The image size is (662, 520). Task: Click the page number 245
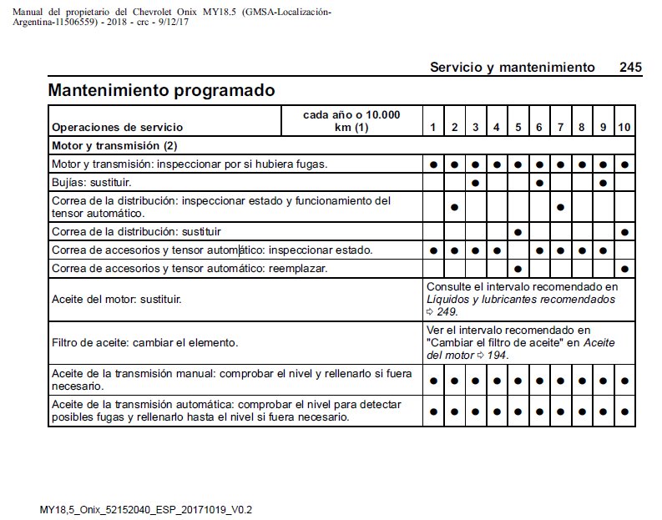(630, 67)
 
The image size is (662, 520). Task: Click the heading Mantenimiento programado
(162, 90)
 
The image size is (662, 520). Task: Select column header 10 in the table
(624, 127)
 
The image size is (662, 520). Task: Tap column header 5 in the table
(518, 127)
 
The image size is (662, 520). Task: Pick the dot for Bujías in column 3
(475, 181)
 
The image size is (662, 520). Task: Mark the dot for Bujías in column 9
(603, 181)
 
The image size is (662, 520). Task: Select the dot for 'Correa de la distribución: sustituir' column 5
(518, 231)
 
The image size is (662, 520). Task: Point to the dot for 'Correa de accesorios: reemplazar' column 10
(624, 269)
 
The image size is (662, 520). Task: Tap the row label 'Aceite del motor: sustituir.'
(117, 299)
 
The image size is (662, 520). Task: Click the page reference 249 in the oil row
(447, 311)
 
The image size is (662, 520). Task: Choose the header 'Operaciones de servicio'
(117, 128)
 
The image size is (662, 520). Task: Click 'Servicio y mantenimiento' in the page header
(512, 67)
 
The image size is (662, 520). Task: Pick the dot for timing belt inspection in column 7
(561, 206)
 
